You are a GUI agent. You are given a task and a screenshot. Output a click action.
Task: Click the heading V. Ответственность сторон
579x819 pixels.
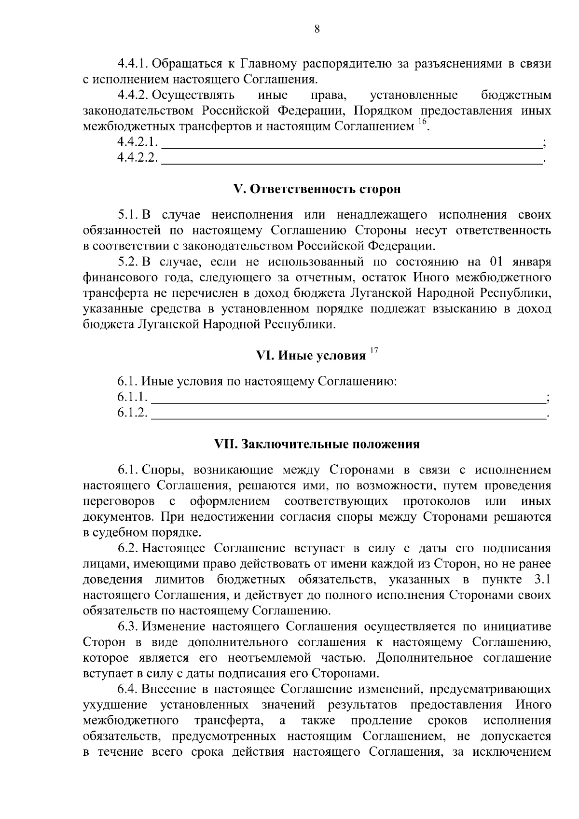(x=317, y=189)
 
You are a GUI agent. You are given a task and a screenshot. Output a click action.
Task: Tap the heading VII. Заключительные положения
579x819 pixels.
(x=317, y=444)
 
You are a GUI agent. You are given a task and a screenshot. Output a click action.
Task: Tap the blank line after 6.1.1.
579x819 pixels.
(x=347, y=399)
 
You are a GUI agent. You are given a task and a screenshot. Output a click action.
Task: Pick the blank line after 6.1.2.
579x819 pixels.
(x=347, y=415)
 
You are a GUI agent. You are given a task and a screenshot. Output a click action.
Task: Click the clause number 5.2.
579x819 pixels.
(x=128, y=262)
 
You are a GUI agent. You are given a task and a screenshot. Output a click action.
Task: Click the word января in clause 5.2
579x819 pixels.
(x=531, y=262)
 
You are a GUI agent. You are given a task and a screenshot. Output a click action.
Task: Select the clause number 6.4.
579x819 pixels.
(x=128, y=689)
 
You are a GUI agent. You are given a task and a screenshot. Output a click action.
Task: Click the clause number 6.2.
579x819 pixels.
(x=128, y=548)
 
